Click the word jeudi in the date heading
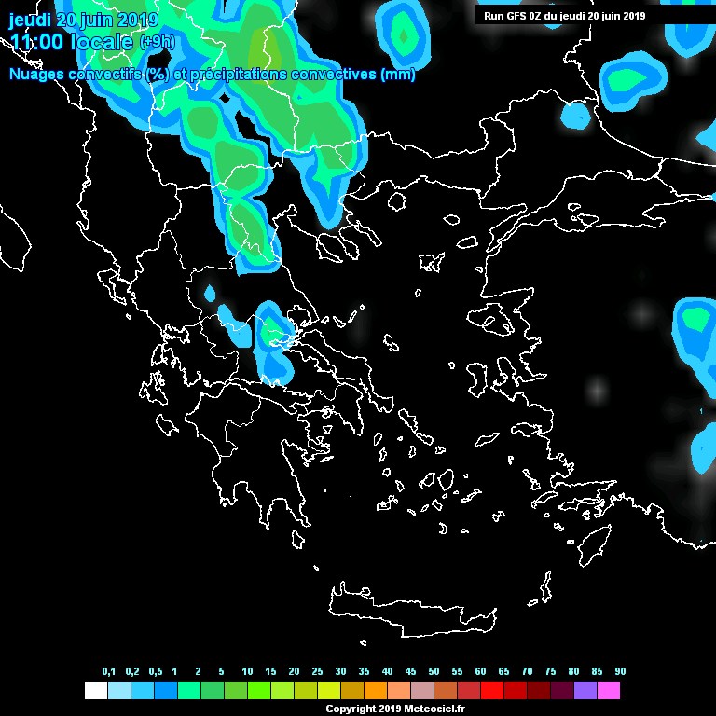[30, 20]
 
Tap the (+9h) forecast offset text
[158, 42]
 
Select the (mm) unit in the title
[398, 75]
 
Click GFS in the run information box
[516, 15]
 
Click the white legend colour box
[95, 691]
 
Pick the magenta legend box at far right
[609, 691]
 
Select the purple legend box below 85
[585, 691]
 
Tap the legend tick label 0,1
[108, 672]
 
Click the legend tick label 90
[620, 672]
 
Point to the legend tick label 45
[410, 672]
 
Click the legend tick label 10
[247, 672]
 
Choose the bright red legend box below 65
[492, 691]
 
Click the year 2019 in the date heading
[138, 20]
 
